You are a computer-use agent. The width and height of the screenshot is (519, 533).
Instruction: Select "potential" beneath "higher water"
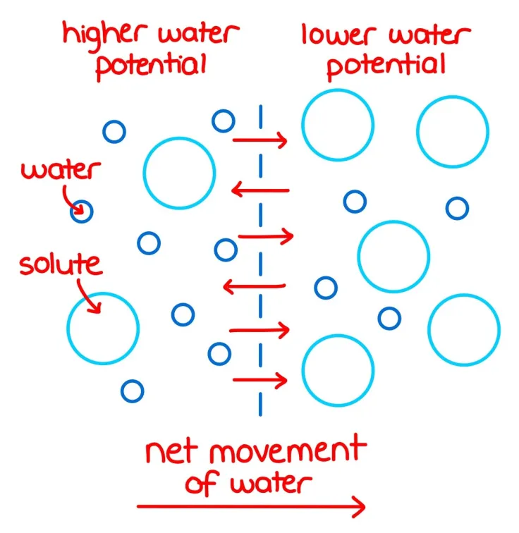tap(151, 66)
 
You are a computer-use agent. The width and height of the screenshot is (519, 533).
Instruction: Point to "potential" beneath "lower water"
tap(386, 66)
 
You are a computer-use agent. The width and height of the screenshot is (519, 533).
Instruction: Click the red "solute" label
tap(61, 264)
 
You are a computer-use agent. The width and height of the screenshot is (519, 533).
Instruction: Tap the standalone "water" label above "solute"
tap(61, 169)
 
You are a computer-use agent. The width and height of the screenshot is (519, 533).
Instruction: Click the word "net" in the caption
tap(171, 452)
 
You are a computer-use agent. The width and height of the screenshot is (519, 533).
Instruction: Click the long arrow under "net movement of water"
tap(251, 506)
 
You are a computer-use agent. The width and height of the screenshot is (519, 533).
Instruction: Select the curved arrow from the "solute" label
tap(89, 296)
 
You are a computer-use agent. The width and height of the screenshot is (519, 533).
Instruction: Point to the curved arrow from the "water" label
tap(73, 200)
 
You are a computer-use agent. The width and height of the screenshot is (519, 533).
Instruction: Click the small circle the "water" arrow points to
tap(82, 201)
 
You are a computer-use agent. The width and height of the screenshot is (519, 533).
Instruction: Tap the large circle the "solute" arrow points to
tap(103, 293)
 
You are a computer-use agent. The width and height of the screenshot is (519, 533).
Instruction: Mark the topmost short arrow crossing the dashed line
tap(260, 140)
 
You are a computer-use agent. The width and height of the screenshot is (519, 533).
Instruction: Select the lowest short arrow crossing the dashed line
tap(260, 380)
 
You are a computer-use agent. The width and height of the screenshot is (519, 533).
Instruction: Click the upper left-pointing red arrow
tap(260, 190)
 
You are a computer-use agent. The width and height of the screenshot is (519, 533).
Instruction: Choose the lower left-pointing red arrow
tap(255, 286)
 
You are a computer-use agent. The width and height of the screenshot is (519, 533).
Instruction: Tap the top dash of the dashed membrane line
tap(261, 117)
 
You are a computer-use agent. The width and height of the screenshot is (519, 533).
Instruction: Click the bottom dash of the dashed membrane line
tap(260, 404)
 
